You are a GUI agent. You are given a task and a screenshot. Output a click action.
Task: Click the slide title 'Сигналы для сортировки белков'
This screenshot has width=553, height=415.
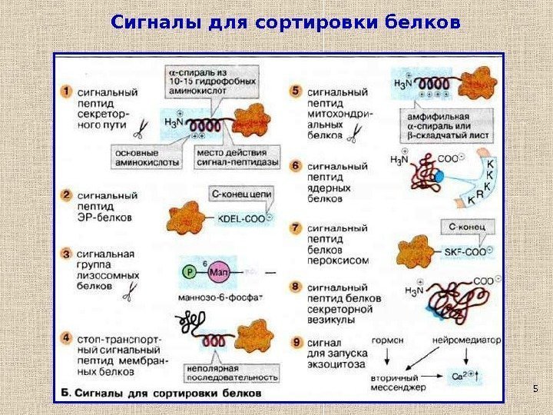coord(286,22)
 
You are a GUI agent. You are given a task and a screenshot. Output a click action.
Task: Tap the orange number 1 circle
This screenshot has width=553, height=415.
coord(67,91)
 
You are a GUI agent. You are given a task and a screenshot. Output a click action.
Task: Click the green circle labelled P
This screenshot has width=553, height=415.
coord(188,270)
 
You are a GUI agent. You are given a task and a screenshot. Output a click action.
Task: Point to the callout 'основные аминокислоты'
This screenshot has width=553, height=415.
coord(147,158)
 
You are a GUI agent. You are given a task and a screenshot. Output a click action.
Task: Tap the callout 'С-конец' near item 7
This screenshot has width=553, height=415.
coord(466,227)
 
